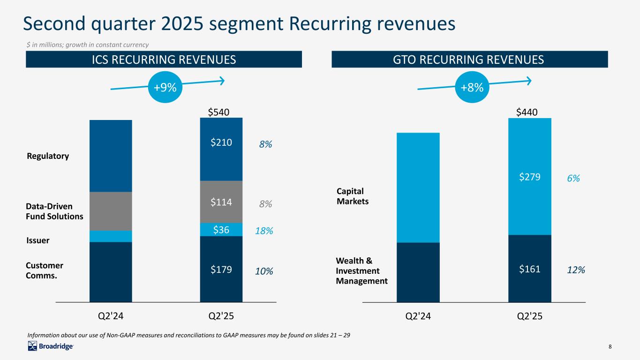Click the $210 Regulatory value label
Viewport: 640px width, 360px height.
[221, 142]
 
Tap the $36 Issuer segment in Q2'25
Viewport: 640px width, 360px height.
[221, 229]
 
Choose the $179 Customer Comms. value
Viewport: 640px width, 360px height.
[221, 269]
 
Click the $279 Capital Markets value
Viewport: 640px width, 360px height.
[530, 177]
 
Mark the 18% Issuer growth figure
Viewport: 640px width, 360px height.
[264, 231]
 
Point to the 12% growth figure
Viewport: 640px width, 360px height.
[576, 270]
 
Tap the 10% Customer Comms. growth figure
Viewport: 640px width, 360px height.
[264, 271]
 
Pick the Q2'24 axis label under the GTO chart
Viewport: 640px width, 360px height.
[418, 316]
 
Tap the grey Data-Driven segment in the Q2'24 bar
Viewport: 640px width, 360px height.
[111, 211]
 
